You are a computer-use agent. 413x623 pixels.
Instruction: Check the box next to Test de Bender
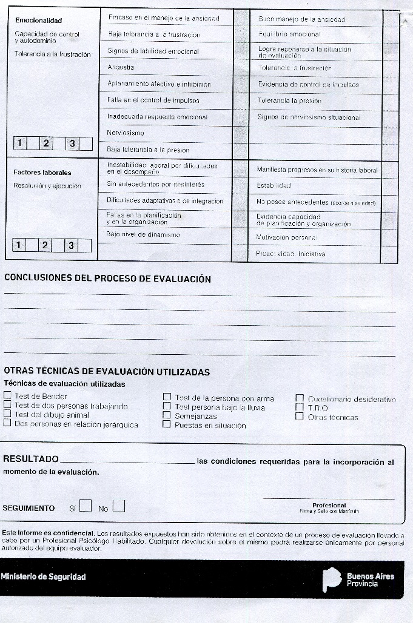7,397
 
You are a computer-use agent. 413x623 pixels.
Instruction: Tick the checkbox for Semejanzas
167,416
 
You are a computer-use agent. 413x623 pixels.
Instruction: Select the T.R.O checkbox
299,407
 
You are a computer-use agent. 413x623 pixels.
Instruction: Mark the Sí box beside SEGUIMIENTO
86,506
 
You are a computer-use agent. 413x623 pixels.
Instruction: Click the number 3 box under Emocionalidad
72,143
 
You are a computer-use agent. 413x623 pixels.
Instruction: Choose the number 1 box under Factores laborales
19,245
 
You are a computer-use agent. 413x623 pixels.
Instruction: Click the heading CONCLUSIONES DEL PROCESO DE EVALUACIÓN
107,279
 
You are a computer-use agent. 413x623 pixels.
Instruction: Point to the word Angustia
120,67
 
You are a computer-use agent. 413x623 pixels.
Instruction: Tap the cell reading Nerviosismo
126,133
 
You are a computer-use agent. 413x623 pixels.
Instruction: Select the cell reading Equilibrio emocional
289,35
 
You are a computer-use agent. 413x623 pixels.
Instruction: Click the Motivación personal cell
286,238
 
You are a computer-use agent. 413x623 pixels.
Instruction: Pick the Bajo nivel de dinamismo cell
143,234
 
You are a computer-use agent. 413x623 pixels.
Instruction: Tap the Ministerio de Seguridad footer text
44,577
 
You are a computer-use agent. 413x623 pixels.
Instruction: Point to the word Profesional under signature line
329,505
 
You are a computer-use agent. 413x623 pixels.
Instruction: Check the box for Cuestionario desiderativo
299,398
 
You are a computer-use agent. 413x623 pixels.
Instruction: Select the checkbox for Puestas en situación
167,425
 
